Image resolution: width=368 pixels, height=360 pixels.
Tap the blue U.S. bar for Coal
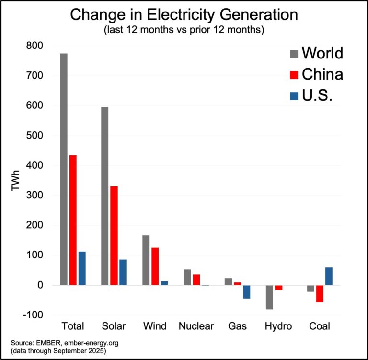point(329,276)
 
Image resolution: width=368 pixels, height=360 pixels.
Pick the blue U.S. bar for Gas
point(246,292)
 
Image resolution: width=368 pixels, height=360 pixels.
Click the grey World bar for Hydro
point(269,297)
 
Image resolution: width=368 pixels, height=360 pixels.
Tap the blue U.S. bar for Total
point(82,268)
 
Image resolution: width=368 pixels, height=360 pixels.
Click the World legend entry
point(322,53)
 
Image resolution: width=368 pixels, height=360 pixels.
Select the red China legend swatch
point(294,75)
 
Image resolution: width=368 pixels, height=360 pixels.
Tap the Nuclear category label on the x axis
point(196,326)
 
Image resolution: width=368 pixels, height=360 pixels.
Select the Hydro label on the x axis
point(278,326)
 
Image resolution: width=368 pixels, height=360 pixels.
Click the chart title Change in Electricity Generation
point(184,15)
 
